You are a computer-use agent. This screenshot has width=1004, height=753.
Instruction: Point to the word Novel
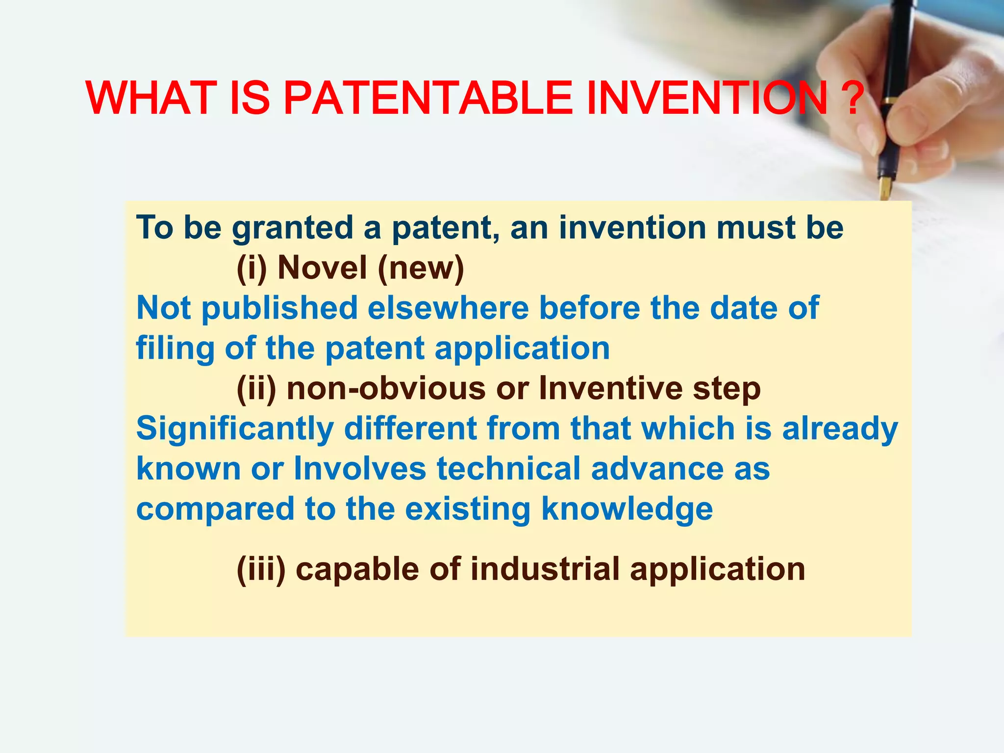[x=322, y=268]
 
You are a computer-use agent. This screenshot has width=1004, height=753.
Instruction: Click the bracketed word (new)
[x=421, y=269]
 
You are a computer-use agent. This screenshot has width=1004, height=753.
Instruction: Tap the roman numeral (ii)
[x=256, y=389]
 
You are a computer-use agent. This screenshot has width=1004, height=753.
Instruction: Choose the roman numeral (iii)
[x=261, y=570]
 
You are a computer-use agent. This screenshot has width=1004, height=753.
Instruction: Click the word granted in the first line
[x=292, y=228]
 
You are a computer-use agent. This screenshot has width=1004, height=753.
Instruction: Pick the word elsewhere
[x=448, y=308]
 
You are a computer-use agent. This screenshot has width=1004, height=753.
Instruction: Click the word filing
[x=175, y=349]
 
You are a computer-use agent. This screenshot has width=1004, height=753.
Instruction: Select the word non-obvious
[x=386, y=389]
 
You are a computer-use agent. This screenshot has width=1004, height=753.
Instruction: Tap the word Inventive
[x=610, y=389]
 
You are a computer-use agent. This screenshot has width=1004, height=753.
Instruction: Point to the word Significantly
[x=234, y=429]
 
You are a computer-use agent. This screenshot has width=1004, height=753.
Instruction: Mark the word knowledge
[x=627, y=510]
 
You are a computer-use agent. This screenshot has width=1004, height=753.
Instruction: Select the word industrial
[x=545, y=570]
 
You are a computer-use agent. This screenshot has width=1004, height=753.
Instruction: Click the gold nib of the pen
[x=885, y=188]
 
